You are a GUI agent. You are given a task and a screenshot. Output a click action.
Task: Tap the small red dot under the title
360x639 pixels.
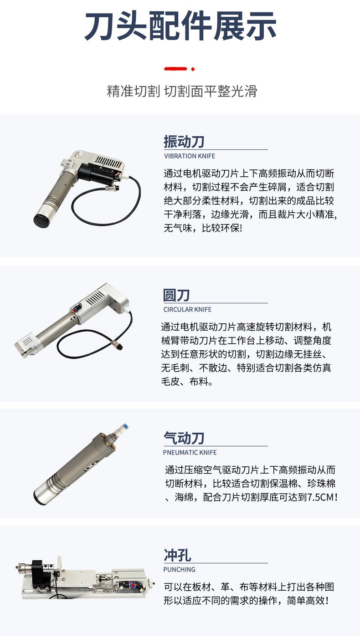[x=193, y=69]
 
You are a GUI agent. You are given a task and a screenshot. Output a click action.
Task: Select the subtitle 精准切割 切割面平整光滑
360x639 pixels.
[x=182, y=91]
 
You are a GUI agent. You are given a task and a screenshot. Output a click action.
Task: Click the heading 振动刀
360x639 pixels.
[x=184, y=142]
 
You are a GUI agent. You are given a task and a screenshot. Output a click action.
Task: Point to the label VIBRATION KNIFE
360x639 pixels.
[x=190, y=156]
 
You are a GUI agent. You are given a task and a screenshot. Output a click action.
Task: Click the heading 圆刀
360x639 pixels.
[x=176, y=295]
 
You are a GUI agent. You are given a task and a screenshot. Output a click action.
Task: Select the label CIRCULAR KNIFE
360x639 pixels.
[x=188, y=310]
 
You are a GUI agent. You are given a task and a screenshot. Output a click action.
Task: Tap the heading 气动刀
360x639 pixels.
[x=184, y=438]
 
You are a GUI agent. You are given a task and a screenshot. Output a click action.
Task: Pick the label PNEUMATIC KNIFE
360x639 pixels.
[x=190, y=452]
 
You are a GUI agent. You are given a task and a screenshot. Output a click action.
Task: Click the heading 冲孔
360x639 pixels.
[x=177, y=555]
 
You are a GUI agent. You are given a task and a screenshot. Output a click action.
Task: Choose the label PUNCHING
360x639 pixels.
[x=179, y=569]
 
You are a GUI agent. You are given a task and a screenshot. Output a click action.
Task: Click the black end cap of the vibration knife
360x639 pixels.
[x=41, y=221]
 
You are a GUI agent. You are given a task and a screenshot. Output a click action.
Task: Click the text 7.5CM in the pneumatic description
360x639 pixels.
[x=320, y=497]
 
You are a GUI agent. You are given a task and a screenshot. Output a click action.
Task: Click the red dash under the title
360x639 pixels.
[x=175, y=69]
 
